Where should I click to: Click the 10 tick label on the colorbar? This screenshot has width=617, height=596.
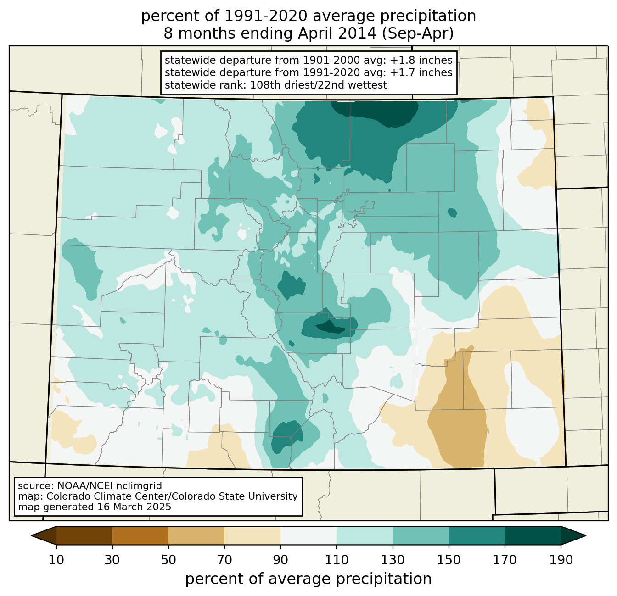(x=56, y=560)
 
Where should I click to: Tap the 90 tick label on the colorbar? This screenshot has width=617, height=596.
(x=280, y=560)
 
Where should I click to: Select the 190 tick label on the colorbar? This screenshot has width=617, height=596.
(x=561, y=560)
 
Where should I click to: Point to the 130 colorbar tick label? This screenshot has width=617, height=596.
(x=393, y=560)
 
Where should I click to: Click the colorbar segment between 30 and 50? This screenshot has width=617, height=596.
(x=140, y=536)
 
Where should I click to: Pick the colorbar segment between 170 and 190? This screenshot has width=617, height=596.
(x=533, y=536)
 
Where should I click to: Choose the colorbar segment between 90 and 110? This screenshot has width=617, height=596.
(x=308, y=536)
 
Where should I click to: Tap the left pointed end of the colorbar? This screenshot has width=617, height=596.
(x=31, y=536)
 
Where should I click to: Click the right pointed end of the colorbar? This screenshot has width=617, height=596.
(x=586, y=536)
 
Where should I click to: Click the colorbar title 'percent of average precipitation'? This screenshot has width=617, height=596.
(x=308, y=579)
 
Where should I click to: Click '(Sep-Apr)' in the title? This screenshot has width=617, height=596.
(x=418, y=33)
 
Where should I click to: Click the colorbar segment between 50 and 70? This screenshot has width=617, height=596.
(x=196, y=536)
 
